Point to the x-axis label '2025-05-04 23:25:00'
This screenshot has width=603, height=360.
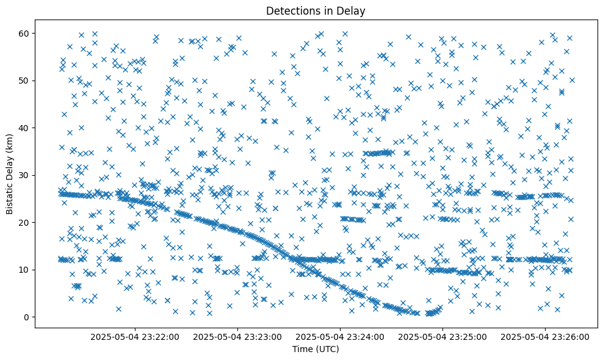pos(443,336)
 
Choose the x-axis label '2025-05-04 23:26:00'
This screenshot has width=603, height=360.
pos(546,336)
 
